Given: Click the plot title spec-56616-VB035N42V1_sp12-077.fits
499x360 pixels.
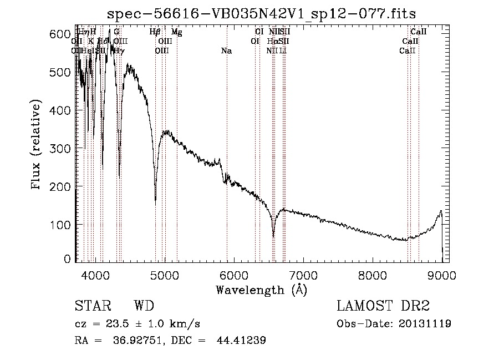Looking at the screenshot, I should (262, 13).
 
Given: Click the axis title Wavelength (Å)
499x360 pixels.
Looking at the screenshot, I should (261, 290).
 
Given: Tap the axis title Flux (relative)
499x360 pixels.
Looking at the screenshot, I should (37, 146).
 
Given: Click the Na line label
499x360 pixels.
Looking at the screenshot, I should (226, 51).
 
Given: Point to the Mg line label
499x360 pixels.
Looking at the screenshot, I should (176, 33).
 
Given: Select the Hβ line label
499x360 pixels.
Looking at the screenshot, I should (155, 33).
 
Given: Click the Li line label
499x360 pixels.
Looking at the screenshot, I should (283, 51).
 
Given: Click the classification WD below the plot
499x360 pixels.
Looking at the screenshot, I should (144, 306).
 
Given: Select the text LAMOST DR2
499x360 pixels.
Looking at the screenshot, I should (383, 306).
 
